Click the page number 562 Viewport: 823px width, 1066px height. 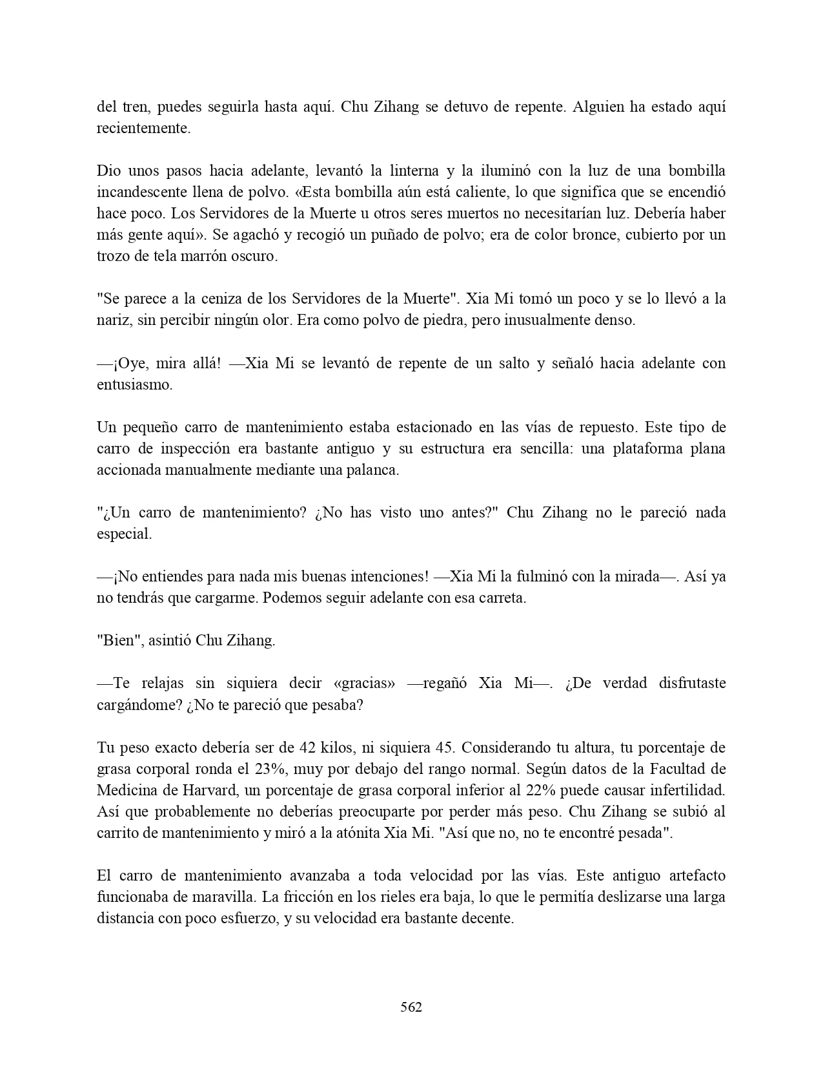(411, 1007)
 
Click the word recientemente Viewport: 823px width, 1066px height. (143, 128)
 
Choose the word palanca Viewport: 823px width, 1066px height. (375, 470)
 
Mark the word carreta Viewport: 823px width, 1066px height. (501, 598)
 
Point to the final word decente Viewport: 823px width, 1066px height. (487, 918)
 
